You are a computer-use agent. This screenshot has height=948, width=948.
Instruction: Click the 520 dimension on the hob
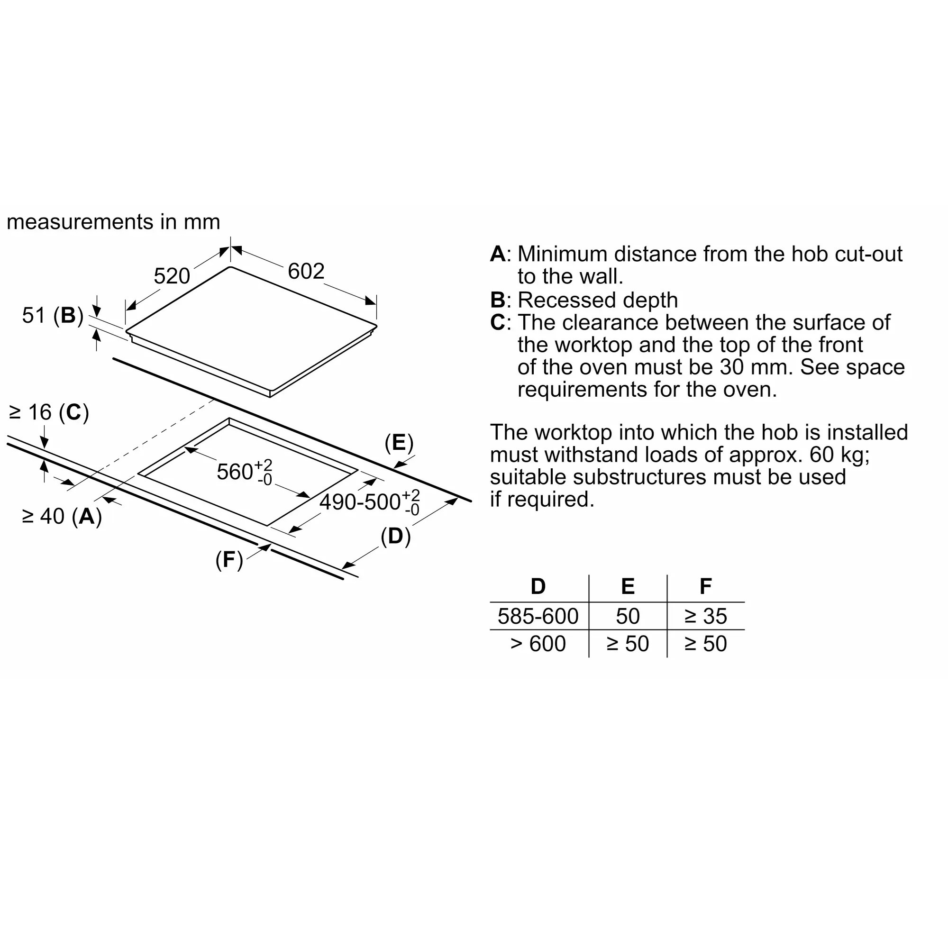(x=172, y=276)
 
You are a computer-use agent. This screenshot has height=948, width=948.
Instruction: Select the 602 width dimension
(x=306, y=271)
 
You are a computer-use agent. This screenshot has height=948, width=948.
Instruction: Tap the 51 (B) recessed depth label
(x=53, y=315)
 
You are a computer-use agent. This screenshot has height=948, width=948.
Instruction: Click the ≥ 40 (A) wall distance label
(x=62, y=516)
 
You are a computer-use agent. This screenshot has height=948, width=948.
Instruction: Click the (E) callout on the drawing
(x=399, y=443)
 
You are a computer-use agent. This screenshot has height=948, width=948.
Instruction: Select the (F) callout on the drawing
(x=229, y=560)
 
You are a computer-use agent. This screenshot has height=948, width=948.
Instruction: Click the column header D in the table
(x=538, y=586)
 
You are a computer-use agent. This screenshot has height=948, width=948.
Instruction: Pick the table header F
(x=705, y=586)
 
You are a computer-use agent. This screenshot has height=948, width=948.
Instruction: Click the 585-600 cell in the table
(x=538, y=616)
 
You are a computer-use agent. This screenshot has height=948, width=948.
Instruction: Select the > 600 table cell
(x=538, y=643)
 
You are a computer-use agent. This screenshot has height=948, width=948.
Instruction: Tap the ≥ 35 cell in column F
(x=705, y=616)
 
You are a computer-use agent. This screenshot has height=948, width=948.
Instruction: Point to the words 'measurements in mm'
(x=113, y=222)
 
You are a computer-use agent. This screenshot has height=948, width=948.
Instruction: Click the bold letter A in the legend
(x=498, y=254)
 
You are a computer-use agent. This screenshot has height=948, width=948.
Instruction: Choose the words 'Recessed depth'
(x=598, y=300)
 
